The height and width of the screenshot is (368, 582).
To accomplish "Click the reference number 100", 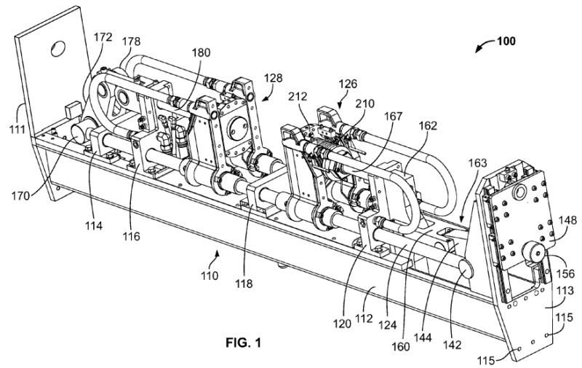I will [x=503, y=41].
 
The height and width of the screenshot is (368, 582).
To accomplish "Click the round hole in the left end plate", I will [x=57, y=48].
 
